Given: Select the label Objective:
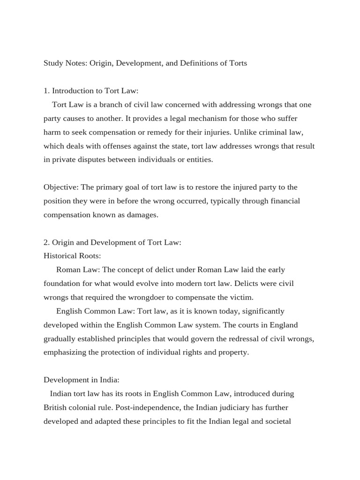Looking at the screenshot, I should pos(61,187).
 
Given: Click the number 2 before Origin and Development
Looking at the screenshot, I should pos(46,242).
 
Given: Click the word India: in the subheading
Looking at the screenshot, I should pos(110,380).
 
